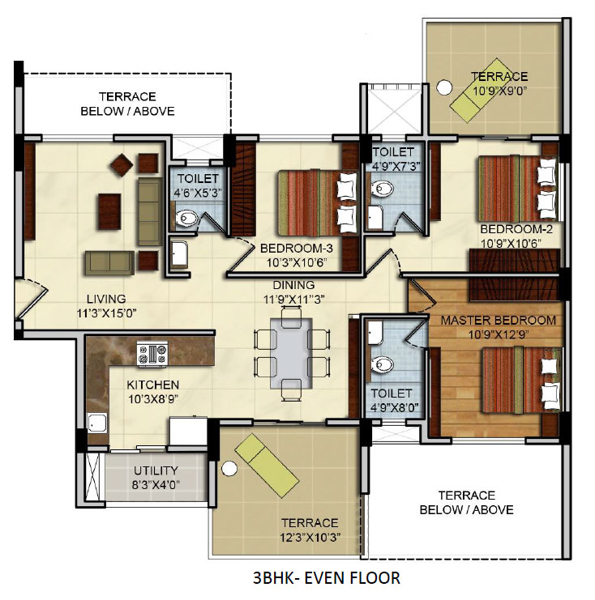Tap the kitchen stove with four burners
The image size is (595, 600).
point(152,353)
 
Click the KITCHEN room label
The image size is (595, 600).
point(153,384)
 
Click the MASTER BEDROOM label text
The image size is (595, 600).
point(498,321)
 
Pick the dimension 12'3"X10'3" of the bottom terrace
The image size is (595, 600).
point(311,537)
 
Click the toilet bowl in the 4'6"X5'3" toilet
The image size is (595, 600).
point(187,218)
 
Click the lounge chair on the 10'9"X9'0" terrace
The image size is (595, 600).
point(477,94)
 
